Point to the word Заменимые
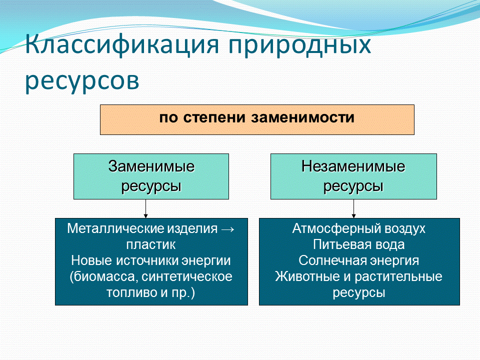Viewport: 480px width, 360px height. (x=151, y=166)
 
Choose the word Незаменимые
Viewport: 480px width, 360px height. (x=353, y=166)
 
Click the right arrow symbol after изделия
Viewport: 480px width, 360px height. (x=227, y=229)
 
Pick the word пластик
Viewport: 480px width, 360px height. (x=151, y=245)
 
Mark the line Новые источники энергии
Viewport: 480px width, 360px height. (x=151, y=260)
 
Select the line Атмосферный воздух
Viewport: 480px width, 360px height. (x=359, y=229)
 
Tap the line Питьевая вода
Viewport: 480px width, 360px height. (x=359, y=245)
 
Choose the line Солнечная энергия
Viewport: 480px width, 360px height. (x=359, y=260)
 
